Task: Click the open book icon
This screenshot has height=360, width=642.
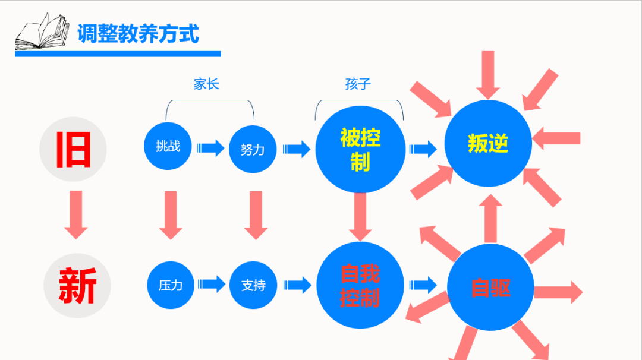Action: point(41,33)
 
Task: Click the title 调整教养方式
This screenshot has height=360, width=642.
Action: point(138,33)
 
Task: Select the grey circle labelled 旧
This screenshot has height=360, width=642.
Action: point(73,149)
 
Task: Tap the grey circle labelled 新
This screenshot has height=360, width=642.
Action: point(77,286)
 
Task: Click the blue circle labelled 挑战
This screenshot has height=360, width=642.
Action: point(168,146)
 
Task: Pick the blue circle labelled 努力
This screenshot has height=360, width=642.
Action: point(253,149)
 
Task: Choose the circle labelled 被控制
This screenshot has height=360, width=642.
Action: point(360,149)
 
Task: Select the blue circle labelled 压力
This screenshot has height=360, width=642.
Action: point(171,285)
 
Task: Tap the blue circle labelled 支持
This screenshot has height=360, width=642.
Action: point(253,285)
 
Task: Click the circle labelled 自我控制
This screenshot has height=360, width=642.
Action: point(360,285)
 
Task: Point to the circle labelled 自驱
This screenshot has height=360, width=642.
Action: point(490,288)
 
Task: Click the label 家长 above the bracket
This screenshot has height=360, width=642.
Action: point(206,84)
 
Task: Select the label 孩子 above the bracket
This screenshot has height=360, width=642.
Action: point(358,84)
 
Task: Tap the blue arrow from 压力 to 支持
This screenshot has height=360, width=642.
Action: point(211,285)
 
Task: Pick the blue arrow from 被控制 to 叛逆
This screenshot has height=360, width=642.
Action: point(423,149)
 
